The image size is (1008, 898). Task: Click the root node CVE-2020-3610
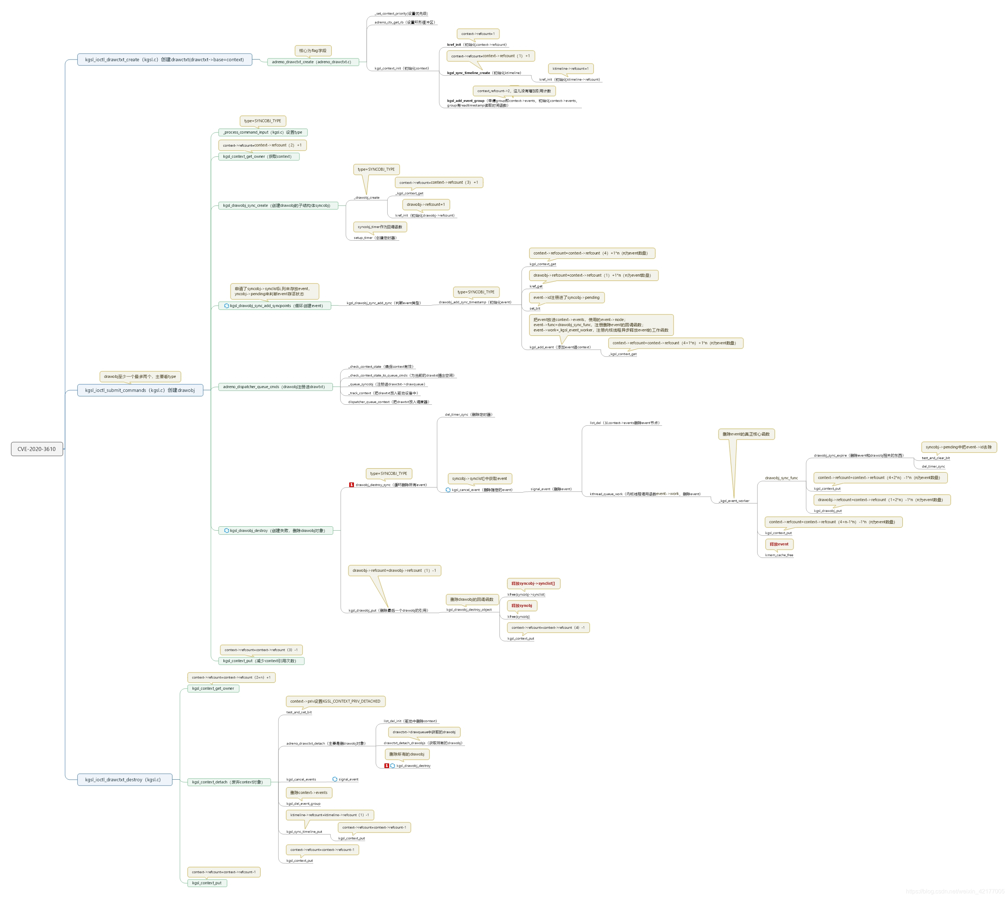(37, 449)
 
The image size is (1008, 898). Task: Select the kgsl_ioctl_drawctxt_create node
(164, 60)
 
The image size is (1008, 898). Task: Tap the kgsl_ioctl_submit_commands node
(140, 390)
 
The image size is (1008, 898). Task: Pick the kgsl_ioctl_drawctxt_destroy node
(125, 780)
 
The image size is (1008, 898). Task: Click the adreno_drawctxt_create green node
(312, 62)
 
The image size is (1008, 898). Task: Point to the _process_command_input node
(262, 132)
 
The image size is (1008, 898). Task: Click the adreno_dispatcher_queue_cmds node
(275, 387)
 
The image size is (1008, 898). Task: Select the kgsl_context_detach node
(228, 782)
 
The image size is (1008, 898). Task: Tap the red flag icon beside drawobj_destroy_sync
(351, 485)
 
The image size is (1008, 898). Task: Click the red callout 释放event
(779, 544)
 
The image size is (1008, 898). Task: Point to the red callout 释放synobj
(522, 605)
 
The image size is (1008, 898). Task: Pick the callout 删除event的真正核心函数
(746, 434)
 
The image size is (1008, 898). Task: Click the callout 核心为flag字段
(313, 51)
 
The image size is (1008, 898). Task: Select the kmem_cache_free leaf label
(779, 555)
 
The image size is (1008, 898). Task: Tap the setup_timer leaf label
(375, 238)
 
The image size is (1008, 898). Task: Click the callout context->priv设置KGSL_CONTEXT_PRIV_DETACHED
(335, 701)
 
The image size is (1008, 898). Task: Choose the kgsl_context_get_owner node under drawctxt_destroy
(213, 688)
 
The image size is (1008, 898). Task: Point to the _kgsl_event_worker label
(734, 501)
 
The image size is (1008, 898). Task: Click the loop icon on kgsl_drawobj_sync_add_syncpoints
(227, 306)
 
